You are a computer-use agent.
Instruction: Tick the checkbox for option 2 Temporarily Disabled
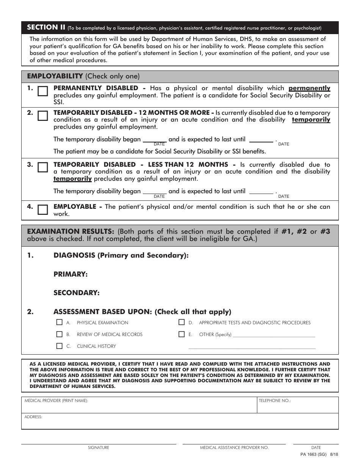click(43, 116)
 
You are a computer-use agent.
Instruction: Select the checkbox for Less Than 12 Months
click(43, 167)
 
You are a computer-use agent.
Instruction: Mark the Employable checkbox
click(43, 210)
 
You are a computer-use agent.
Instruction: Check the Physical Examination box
click(59, 322)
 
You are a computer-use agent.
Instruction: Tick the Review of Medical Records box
click(59, 334)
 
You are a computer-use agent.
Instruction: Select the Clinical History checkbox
click(59, 346)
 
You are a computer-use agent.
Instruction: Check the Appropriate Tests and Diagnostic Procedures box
click(182, 322)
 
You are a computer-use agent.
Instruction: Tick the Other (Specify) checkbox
click(182, 334)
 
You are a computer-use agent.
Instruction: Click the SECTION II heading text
click(46, 27)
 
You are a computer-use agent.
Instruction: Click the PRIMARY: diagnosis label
click(70, 274)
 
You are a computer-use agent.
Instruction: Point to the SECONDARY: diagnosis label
click(76, 293)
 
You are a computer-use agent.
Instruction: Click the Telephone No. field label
click(275, 400)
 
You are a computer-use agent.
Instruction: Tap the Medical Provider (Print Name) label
click(56, 400)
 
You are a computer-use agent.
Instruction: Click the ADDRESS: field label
click(33, 417)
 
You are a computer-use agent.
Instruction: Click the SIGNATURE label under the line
click(99, 447)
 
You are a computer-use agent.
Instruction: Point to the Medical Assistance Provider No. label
click(234, 447)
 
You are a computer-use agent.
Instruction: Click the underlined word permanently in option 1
click(309, 88)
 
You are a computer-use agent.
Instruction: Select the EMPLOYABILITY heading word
click(55, 76)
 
